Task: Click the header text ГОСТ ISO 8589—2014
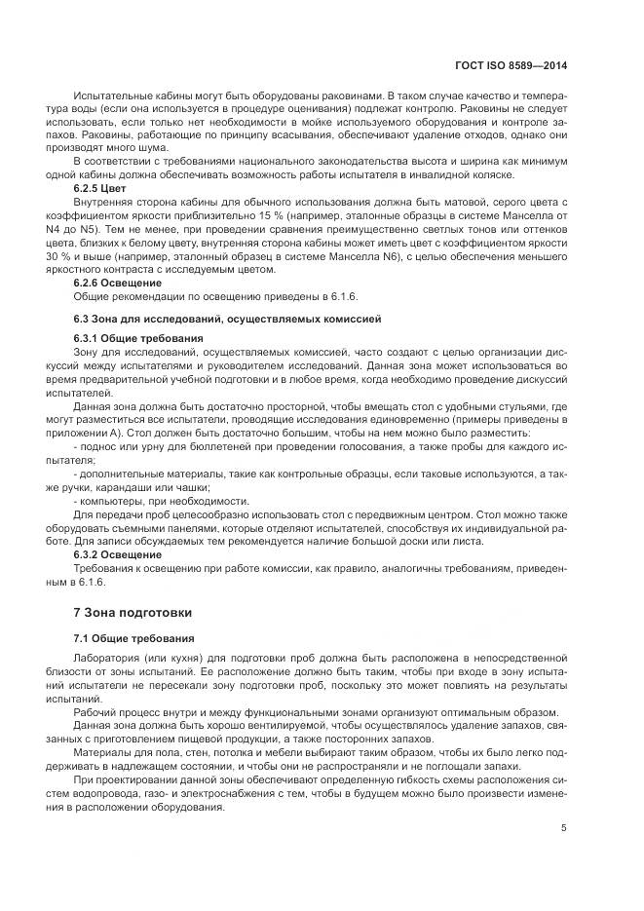click(511, 66)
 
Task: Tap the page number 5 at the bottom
click(565, 827)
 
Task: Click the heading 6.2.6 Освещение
click(118, 282)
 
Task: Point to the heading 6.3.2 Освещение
click(118, 553)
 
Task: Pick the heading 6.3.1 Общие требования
click(133, 336)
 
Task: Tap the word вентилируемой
click(270, 726)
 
